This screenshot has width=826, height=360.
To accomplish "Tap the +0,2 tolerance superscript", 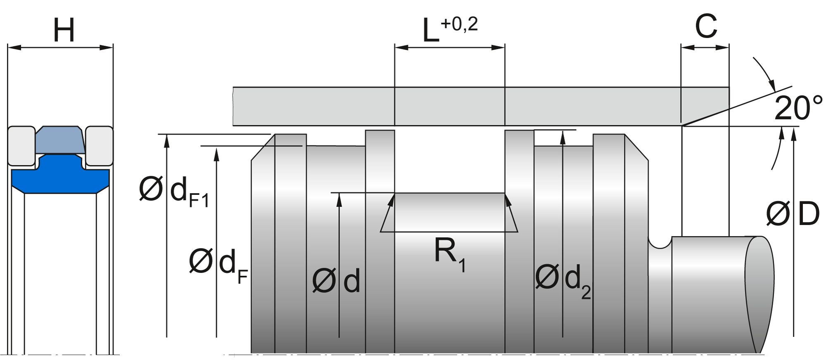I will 459,24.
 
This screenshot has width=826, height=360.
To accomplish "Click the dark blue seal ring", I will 60,175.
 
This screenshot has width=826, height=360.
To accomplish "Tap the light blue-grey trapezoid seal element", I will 60,139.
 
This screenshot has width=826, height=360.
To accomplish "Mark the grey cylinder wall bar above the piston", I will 454,106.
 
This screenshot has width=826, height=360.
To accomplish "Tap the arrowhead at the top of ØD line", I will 793,134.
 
